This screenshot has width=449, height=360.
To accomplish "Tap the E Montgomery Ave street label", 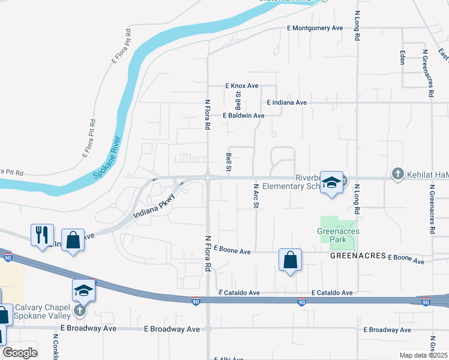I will [315, 28].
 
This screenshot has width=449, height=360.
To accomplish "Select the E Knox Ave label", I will [241, 86].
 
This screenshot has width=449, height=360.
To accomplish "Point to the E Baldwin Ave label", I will [243, 115].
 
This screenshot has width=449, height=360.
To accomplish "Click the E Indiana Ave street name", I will [287, 103].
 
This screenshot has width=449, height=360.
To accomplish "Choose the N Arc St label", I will [256, 196].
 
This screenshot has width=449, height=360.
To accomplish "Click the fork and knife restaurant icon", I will [42, 235].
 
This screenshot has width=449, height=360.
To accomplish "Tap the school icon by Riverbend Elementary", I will [331, 182].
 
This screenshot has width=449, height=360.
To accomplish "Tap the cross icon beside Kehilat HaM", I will [397, 174].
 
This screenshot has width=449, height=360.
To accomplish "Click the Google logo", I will [20, 352].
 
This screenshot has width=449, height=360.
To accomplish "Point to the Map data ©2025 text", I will [423, 355].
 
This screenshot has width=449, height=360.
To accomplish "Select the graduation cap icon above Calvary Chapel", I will [84, 290].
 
